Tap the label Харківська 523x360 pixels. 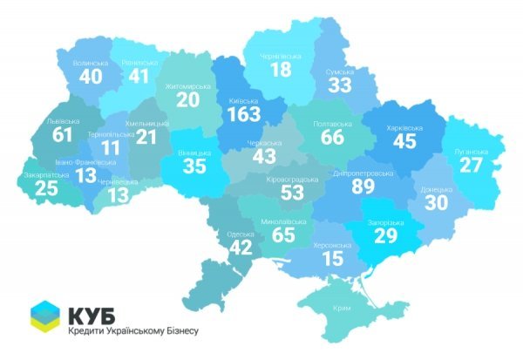pyautogui.click(x=404, y=127)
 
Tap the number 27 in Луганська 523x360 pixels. pyautogui.click(x=472, y=165)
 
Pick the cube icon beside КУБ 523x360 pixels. pyautogui.click(x=46, y=319)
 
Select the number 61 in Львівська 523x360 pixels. pyautogui.click(x=62, y=134)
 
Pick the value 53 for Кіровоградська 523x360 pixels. pyautogui.click(x=281, y=192)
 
